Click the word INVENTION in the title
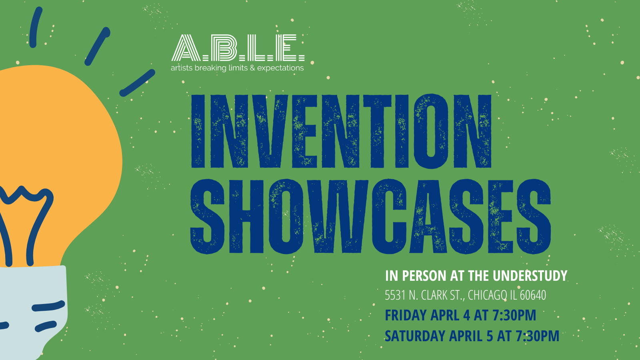[341, 131]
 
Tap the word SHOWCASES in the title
[370, 216]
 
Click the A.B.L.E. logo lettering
[238, 48]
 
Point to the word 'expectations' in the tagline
[280, 68]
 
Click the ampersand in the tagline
[252, 68]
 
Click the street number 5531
[395, 296]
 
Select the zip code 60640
[533, 296]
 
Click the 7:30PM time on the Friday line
[514, 316]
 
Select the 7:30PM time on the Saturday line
[537, 336]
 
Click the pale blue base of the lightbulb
[32, 304]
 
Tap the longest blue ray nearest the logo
[137, 83]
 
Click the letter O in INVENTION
[431, 131]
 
